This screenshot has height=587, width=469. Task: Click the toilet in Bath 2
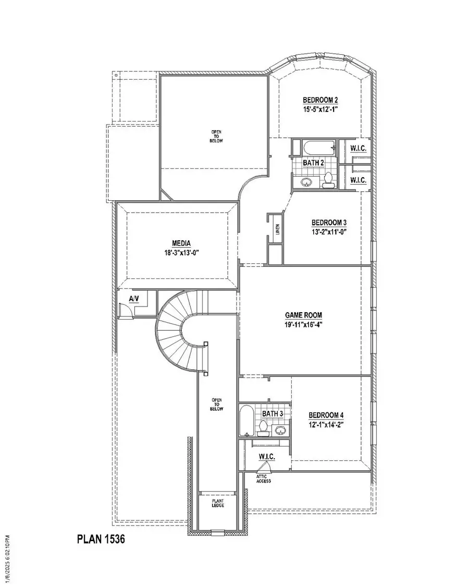point(328,180)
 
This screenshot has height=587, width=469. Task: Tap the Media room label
point(181,243)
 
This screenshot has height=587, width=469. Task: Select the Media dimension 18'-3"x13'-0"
point(181,253)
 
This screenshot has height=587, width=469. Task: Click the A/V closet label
point(133,299)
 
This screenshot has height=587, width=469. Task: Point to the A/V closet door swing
point(125,311)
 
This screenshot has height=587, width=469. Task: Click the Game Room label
point(303,315)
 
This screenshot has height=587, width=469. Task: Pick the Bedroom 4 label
point(326,415)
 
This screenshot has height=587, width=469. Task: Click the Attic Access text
point(263,479)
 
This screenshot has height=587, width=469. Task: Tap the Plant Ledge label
point(217,503)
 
